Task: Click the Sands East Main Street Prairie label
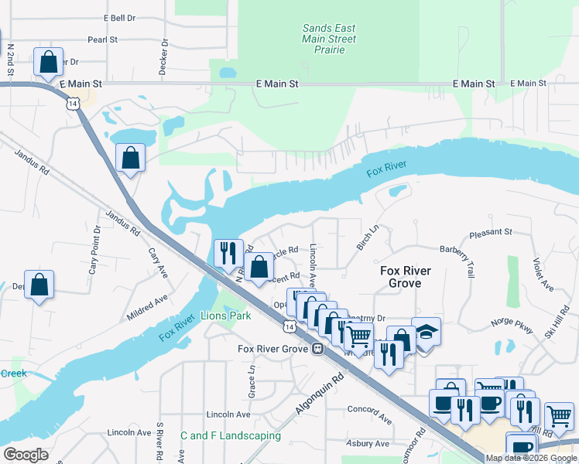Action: click(x=329, y=39)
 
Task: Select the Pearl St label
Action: click(x=102, y=39)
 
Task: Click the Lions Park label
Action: click(x=225, y=316)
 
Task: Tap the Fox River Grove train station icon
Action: click(x=317, y=349)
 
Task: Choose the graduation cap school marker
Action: click(x=425, y=331)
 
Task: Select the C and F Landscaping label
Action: click(x=230, y=436)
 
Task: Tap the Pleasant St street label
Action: click(x=492, y=232)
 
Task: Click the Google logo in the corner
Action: click(x=26, y=455)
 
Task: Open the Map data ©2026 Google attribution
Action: click(x=531, y=458)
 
